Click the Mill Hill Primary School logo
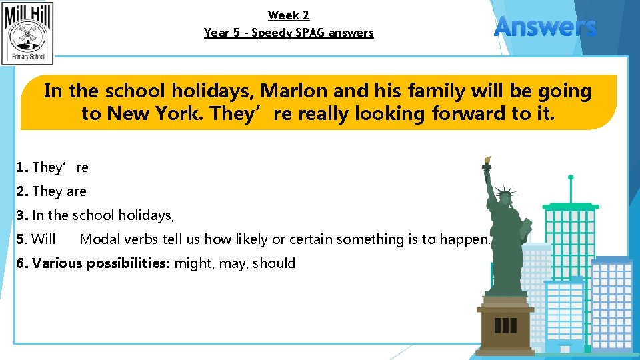click(28, 33)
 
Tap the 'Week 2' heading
click(289, 15)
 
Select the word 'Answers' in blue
click(545, 27)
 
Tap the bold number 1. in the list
click(23, 167)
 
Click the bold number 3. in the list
click(23, 215)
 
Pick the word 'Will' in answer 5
click(44, 239)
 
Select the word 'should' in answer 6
click(274, 263)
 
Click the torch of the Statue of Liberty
click(487, 162)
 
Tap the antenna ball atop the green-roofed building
click(571, 177)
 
